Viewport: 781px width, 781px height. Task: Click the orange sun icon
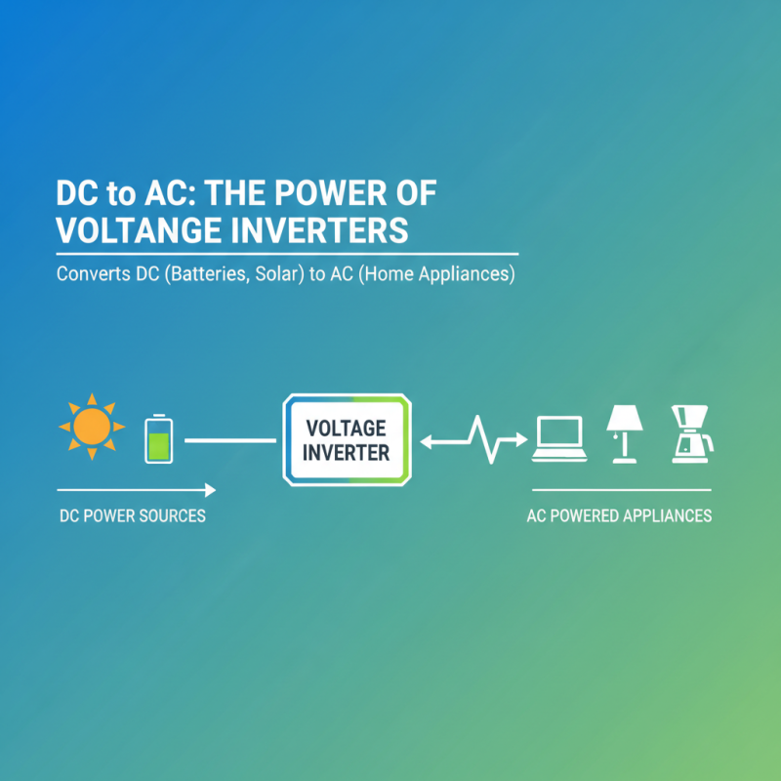[x=92, y=427]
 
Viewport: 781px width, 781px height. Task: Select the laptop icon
[x=558, y=438]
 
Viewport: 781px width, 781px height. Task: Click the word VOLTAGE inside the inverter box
[x=346, y=429]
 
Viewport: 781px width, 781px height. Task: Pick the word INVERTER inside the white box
[x=346, y=453]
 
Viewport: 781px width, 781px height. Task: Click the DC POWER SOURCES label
[x=132, y=515]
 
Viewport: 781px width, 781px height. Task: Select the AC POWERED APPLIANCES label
[x=619, y=515]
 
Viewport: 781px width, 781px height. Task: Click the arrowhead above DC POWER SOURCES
[x=210, y=488]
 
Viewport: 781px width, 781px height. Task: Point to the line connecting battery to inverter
[x=230, y=440]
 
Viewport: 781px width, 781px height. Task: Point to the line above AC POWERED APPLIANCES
[x=621, y=488]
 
